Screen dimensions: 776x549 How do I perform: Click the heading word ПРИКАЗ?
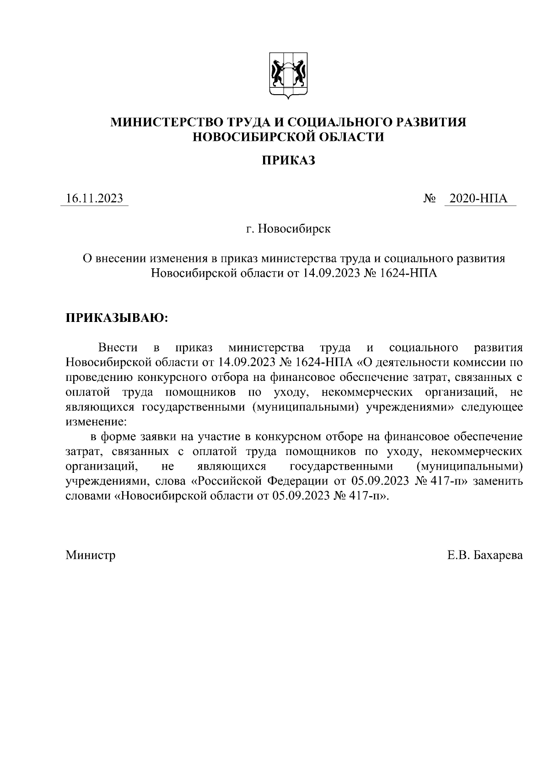288,161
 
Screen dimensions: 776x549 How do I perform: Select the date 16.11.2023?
94,198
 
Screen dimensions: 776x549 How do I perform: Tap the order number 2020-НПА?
479,198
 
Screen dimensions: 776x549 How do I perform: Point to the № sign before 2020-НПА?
430,199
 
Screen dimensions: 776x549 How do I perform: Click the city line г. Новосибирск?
288,228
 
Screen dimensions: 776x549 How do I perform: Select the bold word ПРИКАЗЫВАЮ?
117,318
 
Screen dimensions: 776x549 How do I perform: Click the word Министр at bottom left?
91,555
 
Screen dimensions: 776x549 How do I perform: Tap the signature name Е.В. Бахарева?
485,555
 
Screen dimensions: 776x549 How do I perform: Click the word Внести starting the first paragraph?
118,348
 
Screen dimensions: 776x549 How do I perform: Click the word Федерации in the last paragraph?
297,481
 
